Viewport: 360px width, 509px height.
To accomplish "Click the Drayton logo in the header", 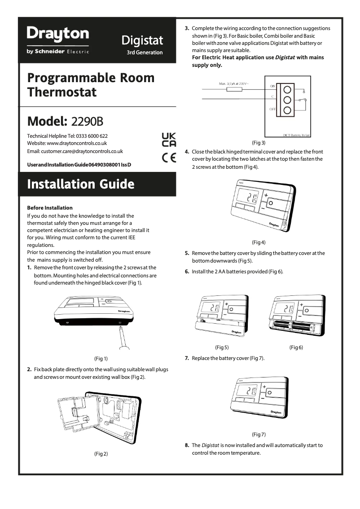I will click(58, 34).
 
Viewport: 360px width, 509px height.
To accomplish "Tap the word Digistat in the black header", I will click(142, 41).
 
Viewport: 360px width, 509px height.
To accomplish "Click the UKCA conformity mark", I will click(169, 140).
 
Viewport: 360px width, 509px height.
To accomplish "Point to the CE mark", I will click(169, 158).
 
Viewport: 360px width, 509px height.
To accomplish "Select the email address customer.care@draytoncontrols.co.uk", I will click(75, 151).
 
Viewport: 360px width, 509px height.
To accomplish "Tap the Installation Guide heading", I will click(81, 184).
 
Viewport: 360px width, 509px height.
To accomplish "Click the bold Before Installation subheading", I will click(50, 208).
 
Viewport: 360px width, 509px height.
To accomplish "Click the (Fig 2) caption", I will click(101, 454).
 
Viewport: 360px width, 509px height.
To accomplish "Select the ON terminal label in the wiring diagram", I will click(272, 86).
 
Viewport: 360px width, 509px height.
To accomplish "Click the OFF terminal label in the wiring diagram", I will click(272, 109).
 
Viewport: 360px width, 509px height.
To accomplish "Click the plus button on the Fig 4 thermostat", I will click(265, 195).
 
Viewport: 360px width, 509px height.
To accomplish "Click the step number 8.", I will click(187, 445).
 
